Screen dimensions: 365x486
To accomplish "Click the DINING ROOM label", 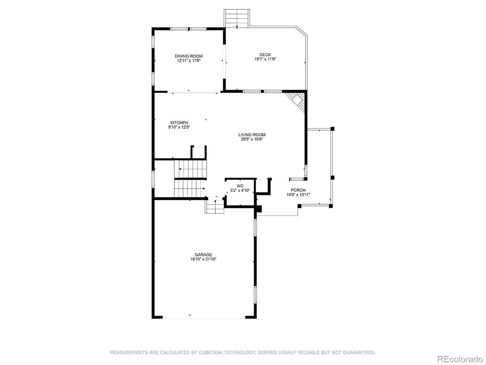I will coord(188,56).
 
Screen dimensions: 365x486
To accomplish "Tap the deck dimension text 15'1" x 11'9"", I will coord(265,59).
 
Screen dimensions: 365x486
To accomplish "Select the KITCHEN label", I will coord(179,123).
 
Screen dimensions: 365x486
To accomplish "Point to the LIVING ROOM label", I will coord(252,135).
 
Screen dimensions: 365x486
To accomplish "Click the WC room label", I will coord(240,186).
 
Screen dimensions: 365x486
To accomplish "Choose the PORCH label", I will coord(298,190).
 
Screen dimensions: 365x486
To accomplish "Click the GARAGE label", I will coord(203,255).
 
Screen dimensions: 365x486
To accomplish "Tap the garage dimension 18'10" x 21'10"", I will coord(203,259).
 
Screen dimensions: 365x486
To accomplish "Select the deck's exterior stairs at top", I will coord(237,18).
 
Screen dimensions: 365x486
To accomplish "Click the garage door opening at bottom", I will coord(204,318).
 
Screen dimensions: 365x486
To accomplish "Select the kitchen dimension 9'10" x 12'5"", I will coord(179,127).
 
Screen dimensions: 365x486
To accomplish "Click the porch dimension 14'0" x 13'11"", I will coord(298,195).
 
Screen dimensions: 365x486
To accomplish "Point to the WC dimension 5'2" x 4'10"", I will coord(240,191).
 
